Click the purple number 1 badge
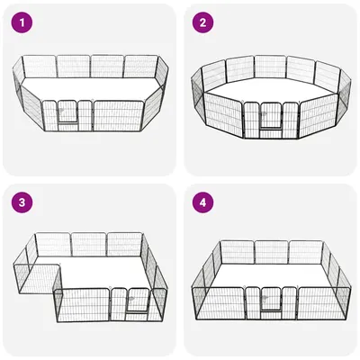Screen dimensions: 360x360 [22, 22]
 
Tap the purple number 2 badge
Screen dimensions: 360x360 [202, 22]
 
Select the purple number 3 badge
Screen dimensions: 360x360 [22, 202]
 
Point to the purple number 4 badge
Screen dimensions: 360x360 [202, 202]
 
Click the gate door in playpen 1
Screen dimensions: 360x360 [67, 112]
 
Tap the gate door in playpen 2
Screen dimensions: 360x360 [271, 115]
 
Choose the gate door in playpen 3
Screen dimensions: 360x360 [139, 300]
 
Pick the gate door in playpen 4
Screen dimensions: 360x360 [271, 300]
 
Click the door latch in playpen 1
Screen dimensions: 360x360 [61, 111]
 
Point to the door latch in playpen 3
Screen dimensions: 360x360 [132, 299]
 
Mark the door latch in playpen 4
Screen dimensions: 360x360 [265, 299]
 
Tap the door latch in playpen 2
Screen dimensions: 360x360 [265, 113]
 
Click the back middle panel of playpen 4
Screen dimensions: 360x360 [272, 252]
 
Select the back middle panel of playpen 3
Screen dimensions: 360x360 [89, 245]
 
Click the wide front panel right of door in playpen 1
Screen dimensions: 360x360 [119, 116]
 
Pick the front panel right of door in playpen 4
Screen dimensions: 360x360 [324, 303]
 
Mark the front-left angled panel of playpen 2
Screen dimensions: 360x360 [223, 115]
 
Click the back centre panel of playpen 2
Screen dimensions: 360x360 [270, 67]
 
